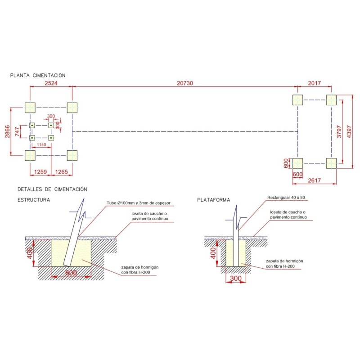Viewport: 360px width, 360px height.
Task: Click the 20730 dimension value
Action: [x=184, y=83]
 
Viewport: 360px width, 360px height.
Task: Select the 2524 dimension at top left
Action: [x=51, y=83]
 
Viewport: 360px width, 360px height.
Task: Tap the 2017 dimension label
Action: [x=314, y=83]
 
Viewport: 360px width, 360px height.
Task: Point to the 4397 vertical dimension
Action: [x=349, y=131]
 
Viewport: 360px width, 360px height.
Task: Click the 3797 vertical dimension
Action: [x=339, y=131]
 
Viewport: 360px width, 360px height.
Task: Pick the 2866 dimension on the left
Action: [x=8, y=131]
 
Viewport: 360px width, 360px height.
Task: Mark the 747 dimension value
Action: [x=17, y=131]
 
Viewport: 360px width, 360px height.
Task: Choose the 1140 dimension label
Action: [x=41, y=144]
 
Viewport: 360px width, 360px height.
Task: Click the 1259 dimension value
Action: [x=40, y=172]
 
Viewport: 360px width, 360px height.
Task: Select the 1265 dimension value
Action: [x=62, y=172]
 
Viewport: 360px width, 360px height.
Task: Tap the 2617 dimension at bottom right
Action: [x=314, y=180]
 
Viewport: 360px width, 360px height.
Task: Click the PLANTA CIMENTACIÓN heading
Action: [x=38, y=75]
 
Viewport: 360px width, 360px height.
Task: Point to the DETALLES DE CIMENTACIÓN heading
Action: [x=52, y=189]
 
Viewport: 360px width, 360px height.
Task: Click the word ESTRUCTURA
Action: [x=34, y=200]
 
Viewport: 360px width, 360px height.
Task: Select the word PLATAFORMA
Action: [x=213, y=200]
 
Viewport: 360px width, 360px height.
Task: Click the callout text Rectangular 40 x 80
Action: [x=286, y=198]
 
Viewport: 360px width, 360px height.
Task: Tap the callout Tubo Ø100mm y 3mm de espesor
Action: [x=139, y=203]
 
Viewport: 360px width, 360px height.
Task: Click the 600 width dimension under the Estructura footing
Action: [x=71, y=273]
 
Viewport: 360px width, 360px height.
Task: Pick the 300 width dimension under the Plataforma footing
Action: [x=236, y=278]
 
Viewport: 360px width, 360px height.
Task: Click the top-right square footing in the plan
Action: [x=331, y=100]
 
